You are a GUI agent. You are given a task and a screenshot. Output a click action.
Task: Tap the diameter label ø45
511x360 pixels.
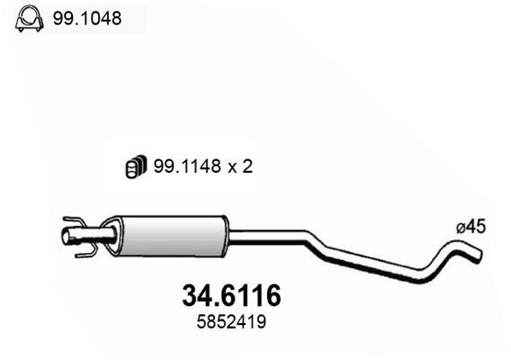tap(471, 229)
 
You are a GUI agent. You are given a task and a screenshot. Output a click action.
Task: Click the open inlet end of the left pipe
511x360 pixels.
tap(66, 237)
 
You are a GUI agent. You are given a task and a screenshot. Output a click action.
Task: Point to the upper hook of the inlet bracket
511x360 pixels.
tap(76, 220)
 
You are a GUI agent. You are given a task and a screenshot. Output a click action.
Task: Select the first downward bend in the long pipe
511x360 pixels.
tap(314, 241)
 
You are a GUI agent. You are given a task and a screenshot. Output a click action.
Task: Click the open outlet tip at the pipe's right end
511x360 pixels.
tap(478, 256)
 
